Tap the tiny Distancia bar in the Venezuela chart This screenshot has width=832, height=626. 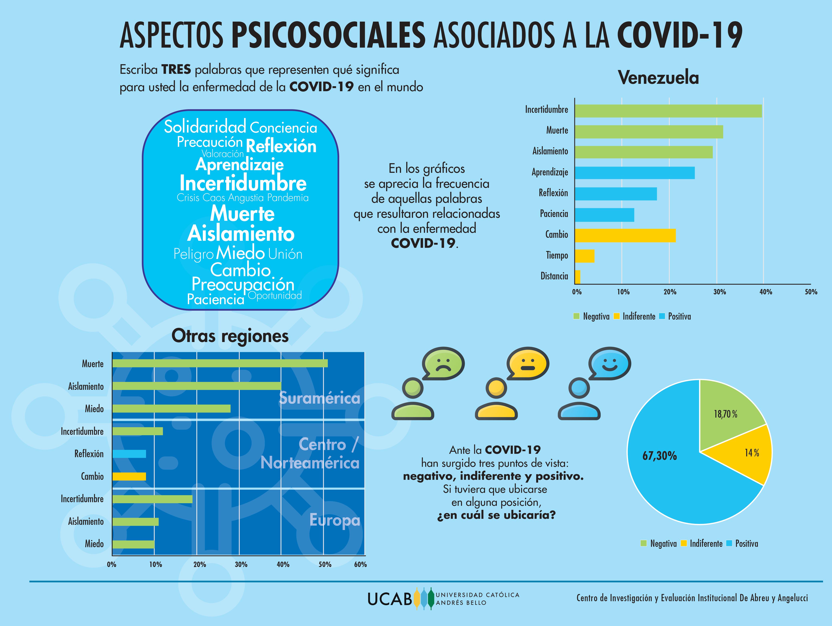[x=577, y=277]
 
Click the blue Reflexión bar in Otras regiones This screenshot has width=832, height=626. [x=129, y=454]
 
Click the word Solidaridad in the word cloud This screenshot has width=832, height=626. [x=205, y=127]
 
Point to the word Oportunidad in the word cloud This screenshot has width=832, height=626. [x=275, y=295]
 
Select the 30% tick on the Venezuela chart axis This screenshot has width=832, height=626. [x=719, y=292]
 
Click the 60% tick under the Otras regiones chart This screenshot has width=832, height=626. [x=360, y=564]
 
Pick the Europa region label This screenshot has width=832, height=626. [x=334, y=520]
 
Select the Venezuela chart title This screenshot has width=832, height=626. [x=658, y=78]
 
